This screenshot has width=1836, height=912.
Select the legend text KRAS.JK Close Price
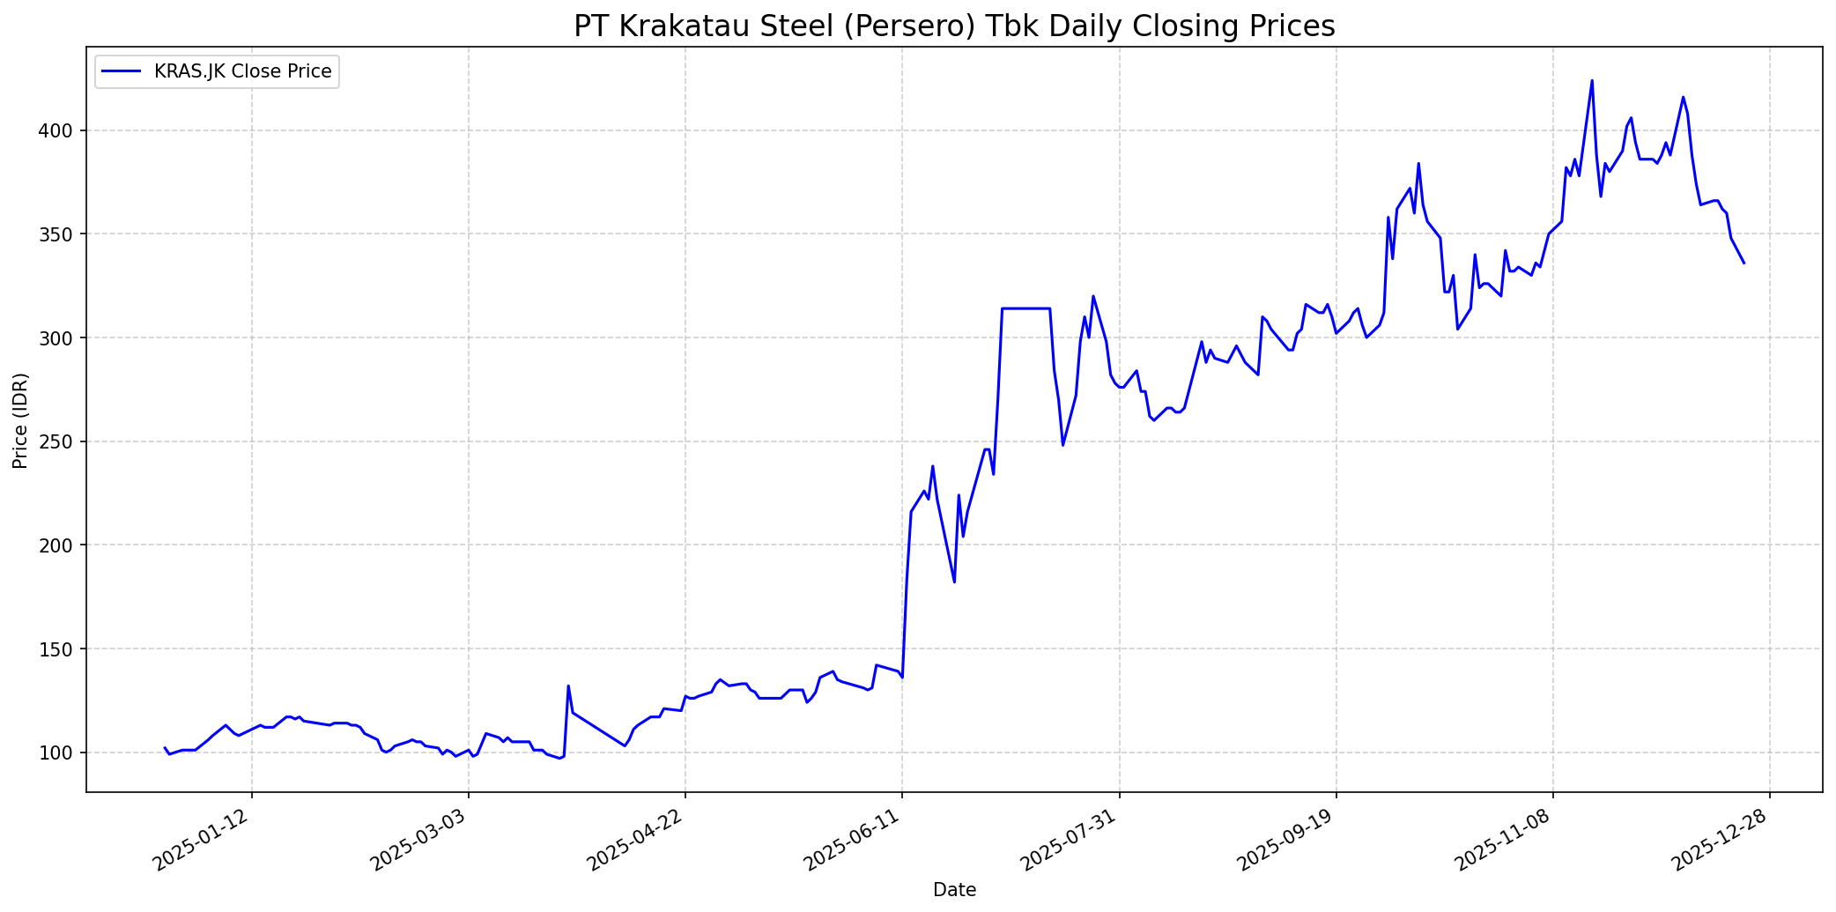(x=242, y=71)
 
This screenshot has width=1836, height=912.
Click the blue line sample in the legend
(x=122, y=71)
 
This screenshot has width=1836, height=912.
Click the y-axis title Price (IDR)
(x=20, y=420)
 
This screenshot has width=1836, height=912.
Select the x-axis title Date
(x=954, y=890)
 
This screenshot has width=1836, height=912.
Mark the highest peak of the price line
(x=1592, y=81)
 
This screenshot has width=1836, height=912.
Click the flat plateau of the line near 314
(x=1026, y=308)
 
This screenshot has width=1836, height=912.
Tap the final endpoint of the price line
(x=1743, y=263)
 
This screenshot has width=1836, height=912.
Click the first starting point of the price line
(x=165, y=747)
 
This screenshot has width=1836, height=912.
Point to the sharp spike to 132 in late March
(x=568, y=686)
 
